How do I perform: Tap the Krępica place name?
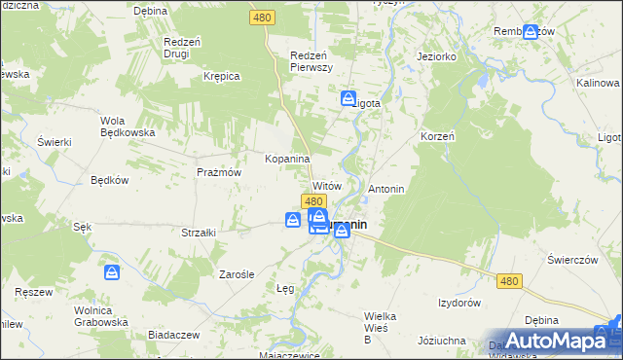(x=221, y=75)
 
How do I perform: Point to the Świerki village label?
(x=55, y=142)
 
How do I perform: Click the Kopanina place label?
(x=287, y=158)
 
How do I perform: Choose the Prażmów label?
(x=218, y=171)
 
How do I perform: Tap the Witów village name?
(x=326, y=185)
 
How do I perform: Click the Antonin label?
(x=386, y=188)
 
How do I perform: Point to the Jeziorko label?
(x=436, y=57)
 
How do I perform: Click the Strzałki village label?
(x=199, y=233)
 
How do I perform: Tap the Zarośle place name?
(x=237, y=274)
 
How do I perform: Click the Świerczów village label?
(x=571, y=260)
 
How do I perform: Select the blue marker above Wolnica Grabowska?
(x=112, y=272)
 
